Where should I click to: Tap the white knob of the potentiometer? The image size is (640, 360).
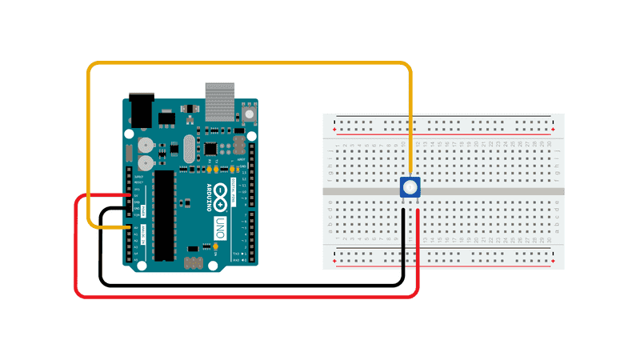pyautogui.click(x=410, y=188)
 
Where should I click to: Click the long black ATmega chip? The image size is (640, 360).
pyautogui.click(x=165, y=216)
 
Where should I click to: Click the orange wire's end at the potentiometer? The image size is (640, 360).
pyautogui.click(x=410, y=174)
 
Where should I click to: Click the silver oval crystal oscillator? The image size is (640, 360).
pyautogui.click(x=189, y=147)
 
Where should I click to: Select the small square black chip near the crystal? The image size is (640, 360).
pyautogui.click(x=210, y=148)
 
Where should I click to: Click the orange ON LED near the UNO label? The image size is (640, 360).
pyautogui.click(x=215, y=247)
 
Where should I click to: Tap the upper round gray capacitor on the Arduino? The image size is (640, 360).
pyautogui.click(x=145, y=144)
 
